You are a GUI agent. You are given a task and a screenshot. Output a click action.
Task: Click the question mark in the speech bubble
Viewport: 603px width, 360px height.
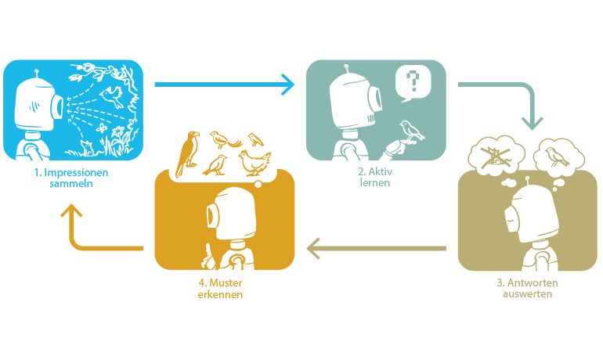click(x=413, y=81)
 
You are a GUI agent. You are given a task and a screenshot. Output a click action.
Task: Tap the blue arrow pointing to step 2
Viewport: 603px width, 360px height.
click(x=225, y=85)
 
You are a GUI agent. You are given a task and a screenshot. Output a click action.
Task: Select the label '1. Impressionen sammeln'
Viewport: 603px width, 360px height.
click(x=71, y=178)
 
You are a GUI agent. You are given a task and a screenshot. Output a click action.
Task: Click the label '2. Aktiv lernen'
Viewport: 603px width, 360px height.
click(x=375, y=177)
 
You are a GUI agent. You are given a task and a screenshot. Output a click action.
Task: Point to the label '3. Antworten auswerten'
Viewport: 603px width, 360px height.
click(x=527, y=288)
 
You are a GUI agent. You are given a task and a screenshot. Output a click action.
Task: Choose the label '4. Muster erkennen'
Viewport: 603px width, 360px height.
click(x=220, y=289)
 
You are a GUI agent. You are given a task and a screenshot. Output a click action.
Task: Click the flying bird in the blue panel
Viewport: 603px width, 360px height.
click(x=111, y=96)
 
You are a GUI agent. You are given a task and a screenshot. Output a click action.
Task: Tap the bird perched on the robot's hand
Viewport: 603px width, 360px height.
click(x=411, y=130)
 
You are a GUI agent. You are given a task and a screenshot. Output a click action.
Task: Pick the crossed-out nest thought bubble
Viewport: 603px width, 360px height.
click(x=496, y=154)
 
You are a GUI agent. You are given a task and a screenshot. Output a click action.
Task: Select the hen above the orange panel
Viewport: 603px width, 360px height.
click(x=255, y=163)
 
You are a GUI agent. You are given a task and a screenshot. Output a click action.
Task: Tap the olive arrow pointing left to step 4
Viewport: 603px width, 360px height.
click(x=377, y=248)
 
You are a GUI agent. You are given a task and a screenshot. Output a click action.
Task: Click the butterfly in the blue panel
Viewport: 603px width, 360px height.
click(x=102, y=128)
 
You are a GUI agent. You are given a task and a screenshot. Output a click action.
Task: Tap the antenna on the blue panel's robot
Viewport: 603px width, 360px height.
click(x=37, y=73)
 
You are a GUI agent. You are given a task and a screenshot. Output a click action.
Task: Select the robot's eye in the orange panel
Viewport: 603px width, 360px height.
click(x=212, y=216)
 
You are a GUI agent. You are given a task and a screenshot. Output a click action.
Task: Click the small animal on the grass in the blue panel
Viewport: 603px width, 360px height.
click(x=86, y=147)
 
